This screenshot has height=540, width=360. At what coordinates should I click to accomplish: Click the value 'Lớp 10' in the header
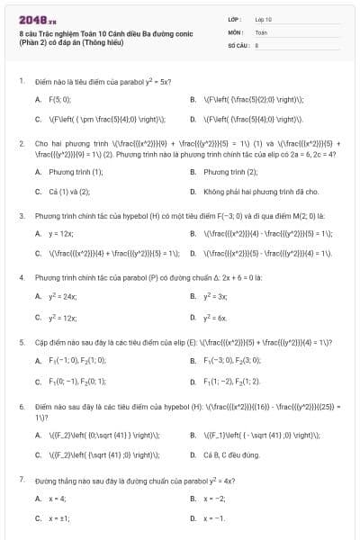coord(263,19)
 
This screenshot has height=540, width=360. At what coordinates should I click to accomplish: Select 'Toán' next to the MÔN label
coord(261,31)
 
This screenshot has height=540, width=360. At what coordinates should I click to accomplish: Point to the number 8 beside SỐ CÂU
coord(257,44)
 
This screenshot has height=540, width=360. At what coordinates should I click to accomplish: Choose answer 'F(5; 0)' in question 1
coord(59,99)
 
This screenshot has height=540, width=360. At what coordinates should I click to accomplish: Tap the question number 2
coord(21,143)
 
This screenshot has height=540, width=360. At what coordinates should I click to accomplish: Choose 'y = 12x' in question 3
coord(61,234)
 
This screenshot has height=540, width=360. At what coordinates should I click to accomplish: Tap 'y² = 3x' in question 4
coord(215,296)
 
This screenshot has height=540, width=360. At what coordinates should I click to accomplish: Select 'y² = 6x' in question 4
coord(215,318)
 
